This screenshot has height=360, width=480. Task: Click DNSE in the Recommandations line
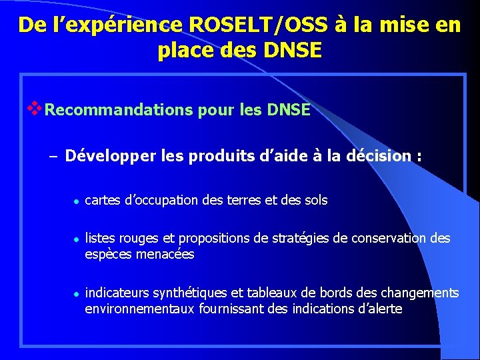pyautogui.click(x=288, y=109)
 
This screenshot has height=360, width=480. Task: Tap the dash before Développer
pyautogui.click(x=53, y=157)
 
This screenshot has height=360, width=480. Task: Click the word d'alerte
pyautogui.click(x=378, y=309)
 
